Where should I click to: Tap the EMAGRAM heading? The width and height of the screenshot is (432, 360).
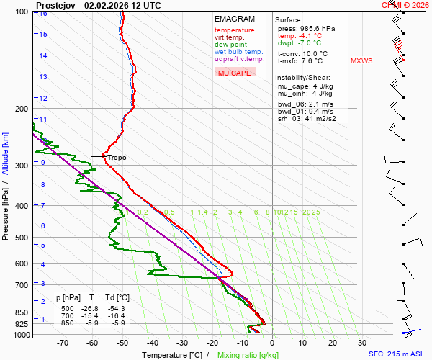click(x=233, y=19)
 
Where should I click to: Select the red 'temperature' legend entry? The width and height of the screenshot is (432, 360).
click(x=234, y=30)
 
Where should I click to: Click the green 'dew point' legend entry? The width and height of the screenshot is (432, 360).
click(x=230, y=45)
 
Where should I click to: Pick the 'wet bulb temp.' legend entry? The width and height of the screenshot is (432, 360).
click(x=238, y=52)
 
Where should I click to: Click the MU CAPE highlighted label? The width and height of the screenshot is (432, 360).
click(x=235, y=73)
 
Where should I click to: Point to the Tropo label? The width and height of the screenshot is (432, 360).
click(x=117, y=157)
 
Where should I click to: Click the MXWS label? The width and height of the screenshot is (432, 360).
click(x=361, y=61)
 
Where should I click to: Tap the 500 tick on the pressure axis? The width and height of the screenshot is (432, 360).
click(x=22, y=238)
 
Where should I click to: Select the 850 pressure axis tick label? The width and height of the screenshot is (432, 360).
click(x=22, y=312)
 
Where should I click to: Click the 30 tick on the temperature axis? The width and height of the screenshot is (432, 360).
click(x=362, y=343)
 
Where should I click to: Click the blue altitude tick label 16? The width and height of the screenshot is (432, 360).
click(x=43, y=14)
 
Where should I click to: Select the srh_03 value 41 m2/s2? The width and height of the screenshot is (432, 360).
click(x=317, y=118)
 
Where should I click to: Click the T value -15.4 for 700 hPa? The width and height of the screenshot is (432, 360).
click(x=92, y=316)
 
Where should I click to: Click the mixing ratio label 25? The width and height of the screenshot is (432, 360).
click(x=315, y=212)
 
